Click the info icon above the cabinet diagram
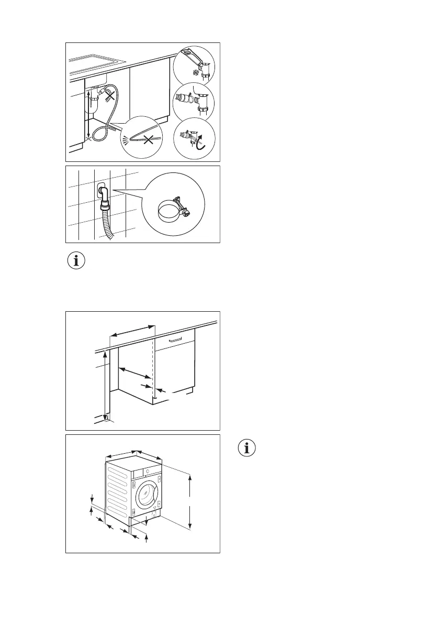tap(77, 261)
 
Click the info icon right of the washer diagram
tap(247, 448)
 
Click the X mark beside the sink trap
tap(110, 95)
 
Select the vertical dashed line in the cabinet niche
tap(153, 367)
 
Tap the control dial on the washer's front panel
tap(148, 471)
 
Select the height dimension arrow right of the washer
tap(190, 502)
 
